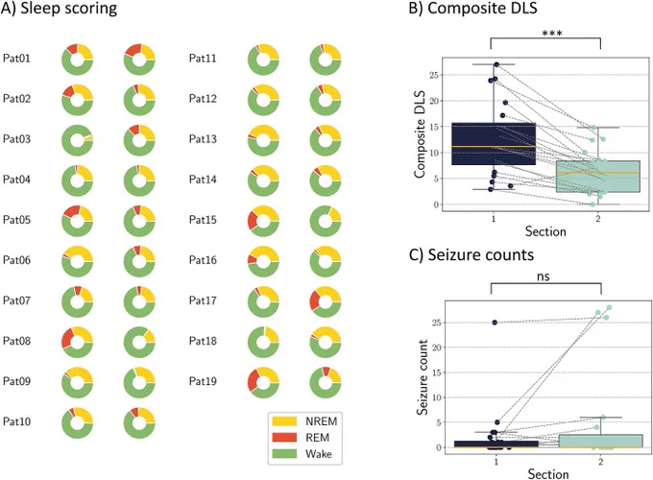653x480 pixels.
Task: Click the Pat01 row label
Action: click(x=16, y=59)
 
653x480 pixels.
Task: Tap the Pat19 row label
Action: click(x=203, y=381)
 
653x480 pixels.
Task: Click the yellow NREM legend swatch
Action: click(x=284, y=421)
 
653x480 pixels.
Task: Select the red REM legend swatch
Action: click(x=284, y=438)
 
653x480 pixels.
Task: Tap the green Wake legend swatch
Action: click(x=284, y=454)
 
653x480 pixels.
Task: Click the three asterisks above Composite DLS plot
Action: click(x=552, y=34)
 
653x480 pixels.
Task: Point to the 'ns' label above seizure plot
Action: click(x=544, y=276)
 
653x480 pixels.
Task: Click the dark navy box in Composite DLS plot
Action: click(x=494, y=144)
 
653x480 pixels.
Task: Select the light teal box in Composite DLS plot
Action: click(x=598, y=177)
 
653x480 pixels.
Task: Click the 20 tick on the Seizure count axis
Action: click(x=436, y=348)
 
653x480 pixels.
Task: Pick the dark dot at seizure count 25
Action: click(x=495, y=323)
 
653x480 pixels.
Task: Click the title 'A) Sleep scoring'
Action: click(x=60, y=10)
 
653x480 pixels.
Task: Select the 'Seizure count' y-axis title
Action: click(x=423, y=377)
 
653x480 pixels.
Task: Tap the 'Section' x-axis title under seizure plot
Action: click(x=548, y=474)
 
